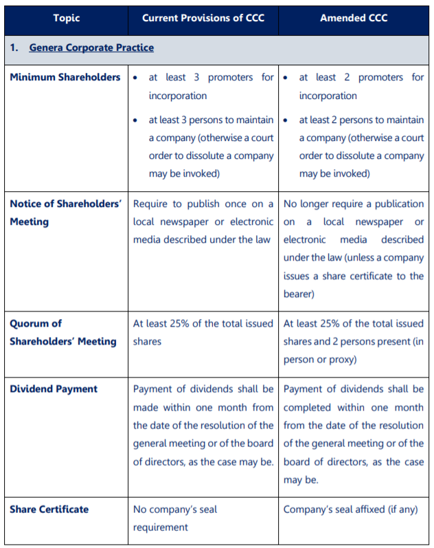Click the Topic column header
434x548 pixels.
tap(66, 17)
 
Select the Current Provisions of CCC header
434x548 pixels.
tap(203, 17)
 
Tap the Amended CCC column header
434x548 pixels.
tap(353, 17)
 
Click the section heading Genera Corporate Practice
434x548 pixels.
tap(91, 47)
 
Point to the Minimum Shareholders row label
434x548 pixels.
tap(65, 77)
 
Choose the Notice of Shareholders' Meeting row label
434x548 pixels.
tap(65, 212)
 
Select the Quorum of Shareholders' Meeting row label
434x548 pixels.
tap(63, 332)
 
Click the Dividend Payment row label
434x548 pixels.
tap(54, 389)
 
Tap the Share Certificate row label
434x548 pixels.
tap(49, 509)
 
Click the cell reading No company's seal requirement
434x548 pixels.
tap(174, 518)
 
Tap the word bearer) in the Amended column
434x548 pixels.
tap(299, 294)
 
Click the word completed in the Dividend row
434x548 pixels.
tap(307, 408)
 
